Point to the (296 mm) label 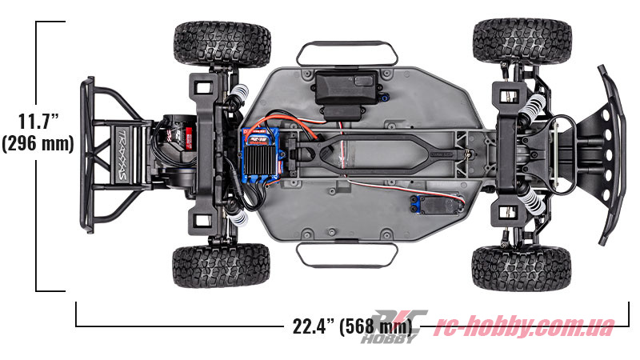tap(38, 144)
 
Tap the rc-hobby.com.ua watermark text tap(524, 326)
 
